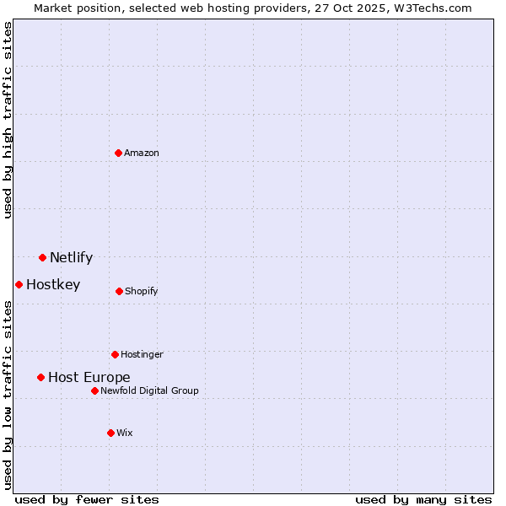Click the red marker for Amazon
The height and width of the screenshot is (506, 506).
tap(119, 153)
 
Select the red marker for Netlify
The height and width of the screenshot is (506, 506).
tap(42, 257)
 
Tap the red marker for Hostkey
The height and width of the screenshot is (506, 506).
tap(19, 284)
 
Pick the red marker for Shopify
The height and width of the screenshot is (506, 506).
tap(119, 291)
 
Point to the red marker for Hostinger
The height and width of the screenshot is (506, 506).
tap(115, 354)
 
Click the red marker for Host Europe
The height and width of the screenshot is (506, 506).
tap(40, 377)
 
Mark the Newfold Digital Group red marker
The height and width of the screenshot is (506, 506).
tap(94, 390)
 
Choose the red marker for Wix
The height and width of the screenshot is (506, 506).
tap(110, 433)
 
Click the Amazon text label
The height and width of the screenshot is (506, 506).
tap(142, 153)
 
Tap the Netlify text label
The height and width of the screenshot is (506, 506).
tap(71, 258)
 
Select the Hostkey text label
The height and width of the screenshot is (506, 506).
tap(53, 285)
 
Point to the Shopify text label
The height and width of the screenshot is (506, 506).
tap(141, 292)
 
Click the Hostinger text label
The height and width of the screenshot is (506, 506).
tap(142, 355)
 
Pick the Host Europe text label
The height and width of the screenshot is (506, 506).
tap(89, 378)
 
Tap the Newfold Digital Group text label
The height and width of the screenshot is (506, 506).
tap(149, 390)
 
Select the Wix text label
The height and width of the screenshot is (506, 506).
tap(125, 433)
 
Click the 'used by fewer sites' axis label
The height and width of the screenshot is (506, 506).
tap(87, 499)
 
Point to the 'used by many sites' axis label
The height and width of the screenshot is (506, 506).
tap(423, 499)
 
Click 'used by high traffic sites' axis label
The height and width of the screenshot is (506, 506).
tap(8, 120)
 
